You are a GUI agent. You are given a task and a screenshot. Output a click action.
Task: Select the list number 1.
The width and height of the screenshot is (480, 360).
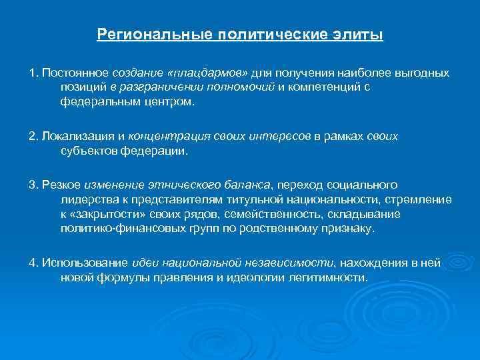pos(32,72)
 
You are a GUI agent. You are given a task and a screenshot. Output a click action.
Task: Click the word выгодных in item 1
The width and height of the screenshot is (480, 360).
pos(423,72)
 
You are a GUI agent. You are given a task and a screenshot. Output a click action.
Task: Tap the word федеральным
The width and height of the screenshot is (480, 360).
pos(93,103)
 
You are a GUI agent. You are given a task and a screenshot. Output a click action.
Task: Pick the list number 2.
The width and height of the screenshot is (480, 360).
pos(32,137)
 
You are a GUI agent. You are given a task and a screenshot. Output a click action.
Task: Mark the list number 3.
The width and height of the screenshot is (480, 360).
pos(32,184)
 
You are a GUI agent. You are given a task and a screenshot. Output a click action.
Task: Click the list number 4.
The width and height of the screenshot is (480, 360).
pos(32,263)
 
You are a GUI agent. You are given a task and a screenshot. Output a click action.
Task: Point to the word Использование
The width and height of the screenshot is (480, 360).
pos(77,263)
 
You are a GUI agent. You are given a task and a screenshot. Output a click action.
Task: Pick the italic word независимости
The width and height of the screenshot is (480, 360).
pos(293,263)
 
